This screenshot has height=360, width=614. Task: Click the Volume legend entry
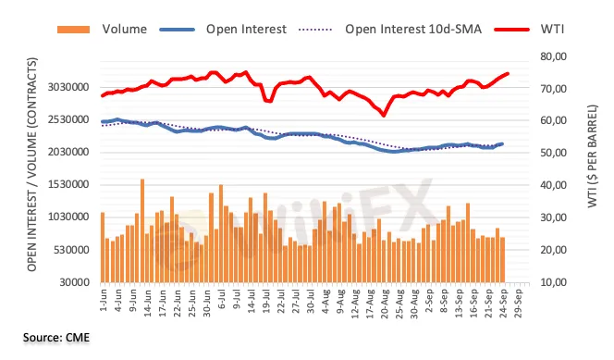[x=102, y=30]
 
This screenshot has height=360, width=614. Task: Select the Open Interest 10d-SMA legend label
[x=413, y=30]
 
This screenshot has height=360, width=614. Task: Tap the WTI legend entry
[x=530, y=30]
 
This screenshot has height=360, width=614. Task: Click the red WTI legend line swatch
[x=511, y=30]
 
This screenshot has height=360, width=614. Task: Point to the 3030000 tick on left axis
[x=68, y=87]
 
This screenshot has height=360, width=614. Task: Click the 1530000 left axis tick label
[x=68, y=184]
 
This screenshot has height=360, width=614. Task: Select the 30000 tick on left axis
[x=74, y=282]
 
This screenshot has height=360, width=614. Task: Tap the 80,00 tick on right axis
[x=554, y=56]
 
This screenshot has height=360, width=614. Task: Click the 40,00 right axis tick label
[x=554, y=185]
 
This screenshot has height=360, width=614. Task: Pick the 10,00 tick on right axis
[x=554, y=282]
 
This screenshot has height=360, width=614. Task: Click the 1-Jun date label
[x=104, y=301]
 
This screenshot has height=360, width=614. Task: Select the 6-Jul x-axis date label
[x=222, y=300]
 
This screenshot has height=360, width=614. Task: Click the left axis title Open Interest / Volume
[x=32, y=165]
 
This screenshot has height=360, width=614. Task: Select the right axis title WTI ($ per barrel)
[x=593, y=155]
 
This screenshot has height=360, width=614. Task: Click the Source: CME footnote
[x=56, y=337]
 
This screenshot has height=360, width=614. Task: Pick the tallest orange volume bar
[x=142, y=230]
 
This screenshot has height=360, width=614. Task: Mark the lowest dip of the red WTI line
[x=384, y=115]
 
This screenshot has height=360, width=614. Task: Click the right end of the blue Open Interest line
[x=502, y=144]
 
